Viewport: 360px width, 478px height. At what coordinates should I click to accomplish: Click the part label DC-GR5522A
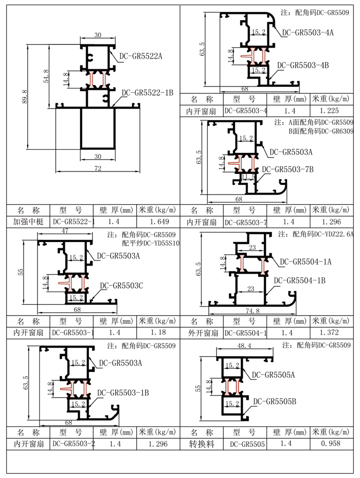pos(139,56)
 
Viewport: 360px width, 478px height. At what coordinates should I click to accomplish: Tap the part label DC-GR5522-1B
pos(147,93)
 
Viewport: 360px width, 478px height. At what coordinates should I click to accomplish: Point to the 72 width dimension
pos(98,168)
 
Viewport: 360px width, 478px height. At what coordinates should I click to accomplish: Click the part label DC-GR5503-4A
pos(308,32)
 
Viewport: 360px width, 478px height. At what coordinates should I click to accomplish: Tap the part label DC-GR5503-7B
pos(288,169)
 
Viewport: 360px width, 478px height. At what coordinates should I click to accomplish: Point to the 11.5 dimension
pos(248,177)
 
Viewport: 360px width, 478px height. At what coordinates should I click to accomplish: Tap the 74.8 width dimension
pos(251,311)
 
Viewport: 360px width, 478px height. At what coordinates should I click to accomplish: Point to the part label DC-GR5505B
pos(275,401)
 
